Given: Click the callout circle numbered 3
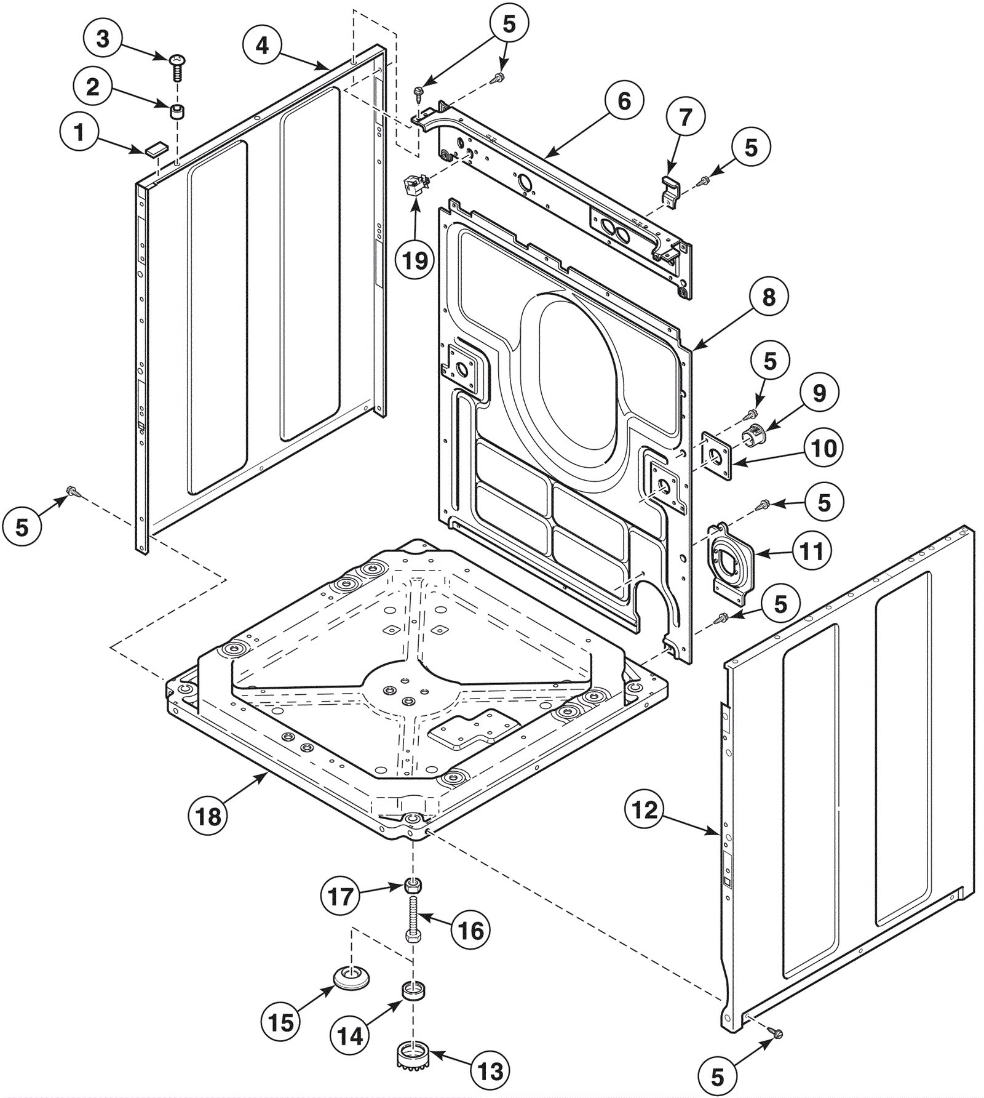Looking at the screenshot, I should [103, 39].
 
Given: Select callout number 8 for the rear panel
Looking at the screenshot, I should [769, 297].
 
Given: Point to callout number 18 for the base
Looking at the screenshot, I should [208, 816].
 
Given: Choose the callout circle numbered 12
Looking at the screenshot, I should [645, 809].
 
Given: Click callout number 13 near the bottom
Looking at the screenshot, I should [490, 1072].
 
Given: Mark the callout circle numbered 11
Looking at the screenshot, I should [811, 551].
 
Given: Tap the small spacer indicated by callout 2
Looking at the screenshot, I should [177, 114].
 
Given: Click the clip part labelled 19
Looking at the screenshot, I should [413, 185].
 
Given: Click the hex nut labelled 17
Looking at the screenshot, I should [413, 887].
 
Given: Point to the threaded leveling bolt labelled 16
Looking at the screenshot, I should [413, 918].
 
